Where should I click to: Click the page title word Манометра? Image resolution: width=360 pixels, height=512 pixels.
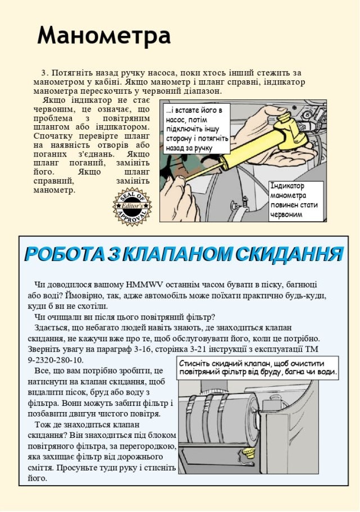(x=104, y=35)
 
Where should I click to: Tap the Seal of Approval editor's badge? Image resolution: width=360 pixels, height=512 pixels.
(x=133, y=207)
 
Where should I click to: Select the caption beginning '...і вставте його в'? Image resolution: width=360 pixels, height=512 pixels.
(x=197, y=129)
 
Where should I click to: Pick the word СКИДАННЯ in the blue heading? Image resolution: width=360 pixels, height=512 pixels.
(x=289, y=254)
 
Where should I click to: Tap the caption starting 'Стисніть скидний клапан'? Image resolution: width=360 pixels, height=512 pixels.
(x=258, y=368)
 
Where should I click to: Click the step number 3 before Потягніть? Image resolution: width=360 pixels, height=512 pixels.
(x=44, y=73)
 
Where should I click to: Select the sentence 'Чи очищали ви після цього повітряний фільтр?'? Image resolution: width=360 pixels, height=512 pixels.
(x=124, y=317)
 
